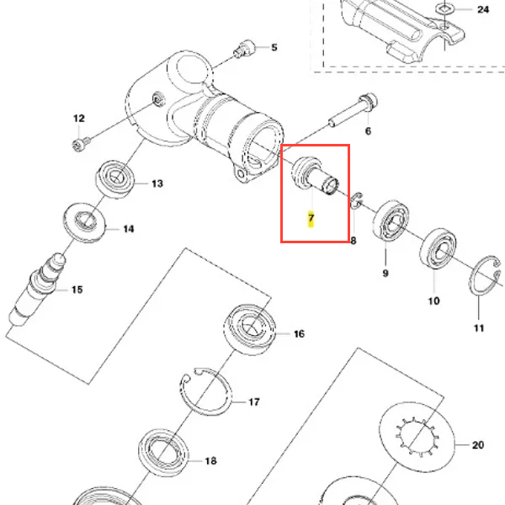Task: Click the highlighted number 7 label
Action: [x=311, y=218]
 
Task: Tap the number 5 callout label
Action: [x=274, y=48]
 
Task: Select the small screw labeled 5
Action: [x=244, y=50]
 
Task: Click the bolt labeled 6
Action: [x=353, y=110]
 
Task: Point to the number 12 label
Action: [x=79, y=118]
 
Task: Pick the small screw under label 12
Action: [x=81, y=144]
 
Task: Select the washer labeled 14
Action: [x=84, y=221]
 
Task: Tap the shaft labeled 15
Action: [x=38, y=288]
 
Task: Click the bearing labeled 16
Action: [x=250, y=329]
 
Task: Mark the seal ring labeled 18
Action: [x=163, y=453]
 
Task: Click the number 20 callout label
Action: [x=478, y=445]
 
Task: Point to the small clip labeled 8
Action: [x=356, y=200]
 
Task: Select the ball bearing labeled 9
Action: [x=391, y=220]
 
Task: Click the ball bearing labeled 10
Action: [x=438, y=248]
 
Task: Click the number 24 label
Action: [x=483, y=9]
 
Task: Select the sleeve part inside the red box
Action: [x=315, y=176]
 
